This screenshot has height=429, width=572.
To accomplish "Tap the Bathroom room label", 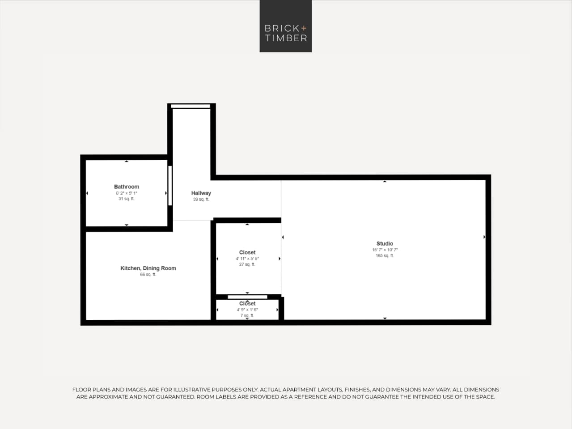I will tap(127, 187).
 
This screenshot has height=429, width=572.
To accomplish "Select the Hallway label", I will tap(201, 193).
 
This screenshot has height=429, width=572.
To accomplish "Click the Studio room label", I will tap(385, 243).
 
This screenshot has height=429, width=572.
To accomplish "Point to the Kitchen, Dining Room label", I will tap(148, 268).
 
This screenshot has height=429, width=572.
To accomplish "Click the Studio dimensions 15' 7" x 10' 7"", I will tap(385, 250).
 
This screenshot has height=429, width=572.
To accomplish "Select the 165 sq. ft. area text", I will tap(385, 256).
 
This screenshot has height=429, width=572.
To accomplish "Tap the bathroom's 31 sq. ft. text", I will tap(127, 199).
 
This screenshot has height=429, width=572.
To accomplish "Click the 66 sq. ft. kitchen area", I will tap(148, 275).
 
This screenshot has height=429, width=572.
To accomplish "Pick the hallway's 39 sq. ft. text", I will tap(201, 200).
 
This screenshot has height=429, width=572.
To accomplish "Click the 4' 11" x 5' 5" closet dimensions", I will tap(247, 259).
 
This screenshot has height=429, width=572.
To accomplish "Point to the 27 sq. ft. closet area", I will tap(247, 264).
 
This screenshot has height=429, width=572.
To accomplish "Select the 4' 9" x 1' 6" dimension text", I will tap(247, 310).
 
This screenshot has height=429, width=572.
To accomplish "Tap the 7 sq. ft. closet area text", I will tap(247, 315).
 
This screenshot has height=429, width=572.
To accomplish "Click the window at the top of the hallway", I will tap(191, 106).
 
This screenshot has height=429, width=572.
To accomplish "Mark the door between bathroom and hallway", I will tap(170, 186).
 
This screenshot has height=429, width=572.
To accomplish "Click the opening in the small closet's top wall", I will tap(247, 297).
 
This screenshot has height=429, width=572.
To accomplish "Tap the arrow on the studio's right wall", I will tap(484, 237).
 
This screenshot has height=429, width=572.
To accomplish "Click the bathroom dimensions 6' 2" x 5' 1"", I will tap(127, 193).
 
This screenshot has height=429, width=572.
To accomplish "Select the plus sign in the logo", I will tap(304, 28).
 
